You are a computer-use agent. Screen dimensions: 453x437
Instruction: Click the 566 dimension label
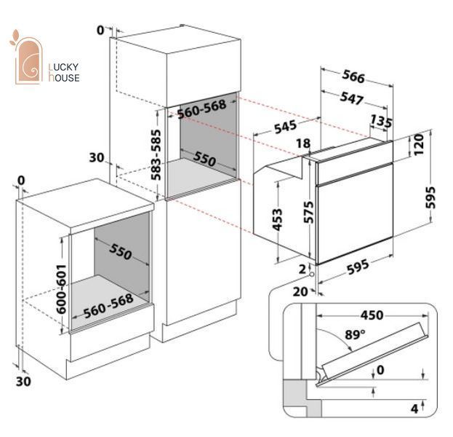[353, 76]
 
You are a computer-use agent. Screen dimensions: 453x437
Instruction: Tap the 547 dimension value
[352, 98]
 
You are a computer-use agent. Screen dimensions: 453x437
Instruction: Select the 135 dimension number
[381, 121]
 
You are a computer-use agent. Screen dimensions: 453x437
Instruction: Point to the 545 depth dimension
[286, 127]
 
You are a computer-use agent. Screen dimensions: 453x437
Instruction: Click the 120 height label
[418, 144]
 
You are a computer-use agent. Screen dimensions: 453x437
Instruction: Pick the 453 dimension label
[277, 220]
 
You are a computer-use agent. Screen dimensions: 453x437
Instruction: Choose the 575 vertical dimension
[308, 212]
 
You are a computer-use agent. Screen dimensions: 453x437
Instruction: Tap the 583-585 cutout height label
[156, 155]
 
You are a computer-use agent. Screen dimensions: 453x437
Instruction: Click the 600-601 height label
[61, 289]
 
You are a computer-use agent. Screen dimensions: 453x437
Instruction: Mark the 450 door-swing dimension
[372, 315]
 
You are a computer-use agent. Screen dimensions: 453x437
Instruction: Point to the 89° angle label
[355, 334]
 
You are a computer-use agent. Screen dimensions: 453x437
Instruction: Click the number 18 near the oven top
[303, 143]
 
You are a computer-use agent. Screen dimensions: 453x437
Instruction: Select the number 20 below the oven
[300, 291]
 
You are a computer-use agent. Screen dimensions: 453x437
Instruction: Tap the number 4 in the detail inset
[414, 409]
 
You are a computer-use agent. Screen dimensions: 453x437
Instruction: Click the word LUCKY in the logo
[63, 67]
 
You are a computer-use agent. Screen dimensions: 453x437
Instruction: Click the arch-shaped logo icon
[28, 60]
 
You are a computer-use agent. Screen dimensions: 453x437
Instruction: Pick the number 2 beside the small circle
[302, 269]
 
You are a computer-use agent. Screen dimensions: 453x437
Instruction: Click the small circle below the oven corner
[312, 274]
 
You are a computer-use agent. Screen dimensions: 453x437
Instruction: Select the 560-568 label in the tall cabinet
[201, 109]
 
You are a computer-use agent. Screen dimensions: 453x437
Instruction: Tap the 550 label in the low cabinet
[120, 251]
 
